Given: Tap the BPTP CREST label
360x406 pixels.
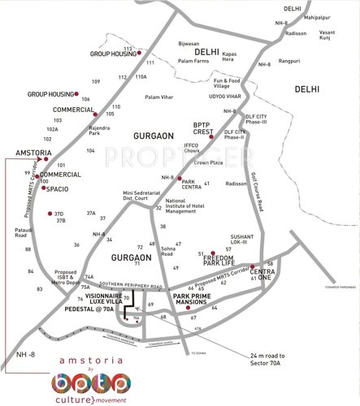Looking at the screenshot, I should pos(202,127).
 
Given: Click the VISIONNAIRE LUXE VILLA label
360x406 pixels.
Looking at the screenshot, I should pos(89,300).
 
